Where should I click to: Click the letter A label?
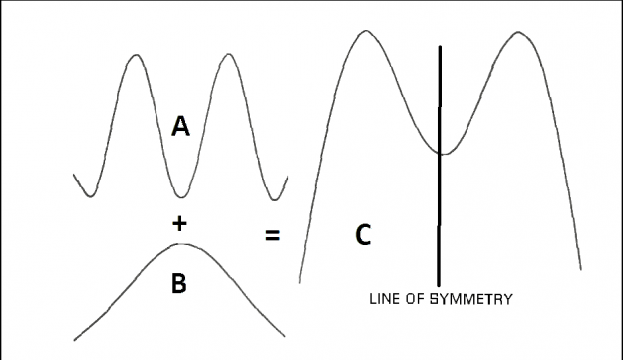pos(180,127)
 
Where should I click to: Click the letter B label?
pos(179,283)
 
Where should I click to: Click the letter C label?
pos(363,235)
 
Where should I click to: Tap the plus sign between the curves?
pos(180,223)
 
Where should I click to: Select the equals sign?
pos(272,235)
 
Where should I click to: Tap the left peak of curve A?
pos(136,55)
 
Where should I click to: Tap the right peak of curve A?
pos(229,54)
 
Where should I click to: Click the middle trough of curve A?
pos(181,196)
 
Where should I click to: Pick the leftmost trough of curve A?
pos(91,195)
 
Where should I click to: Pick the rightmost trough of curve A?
pos(274,199)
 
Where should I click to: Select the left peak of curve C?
pos(366,31)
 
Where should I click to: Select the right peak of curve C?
pos(518,32)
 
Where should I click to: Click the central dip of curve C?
pos(444,154)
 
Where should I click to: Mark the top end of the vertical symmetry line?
pos(440,46)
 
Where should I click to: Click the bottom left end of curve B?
pos(75,340)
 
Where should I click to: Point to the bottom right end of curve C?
pos(581,270)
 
